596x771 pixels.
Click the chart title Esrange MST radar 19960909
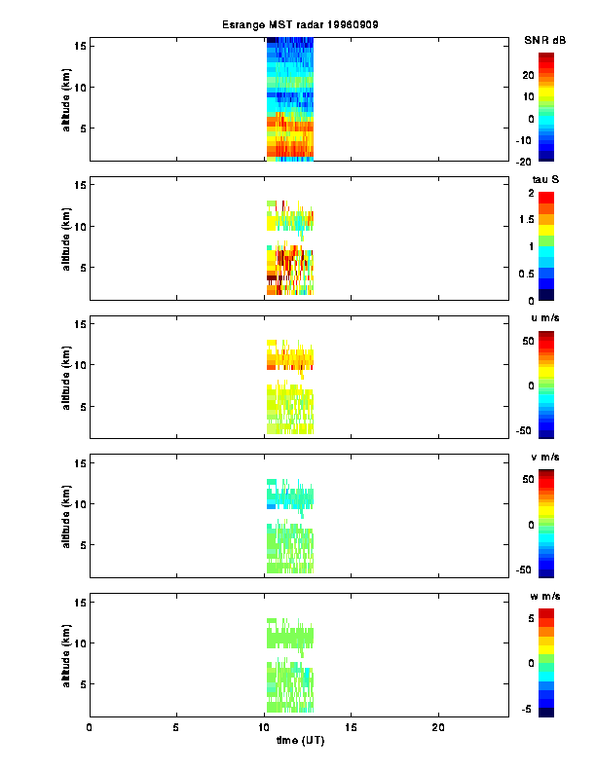click(298, 24)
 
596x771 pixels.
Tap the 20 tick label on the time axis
click(438, 727)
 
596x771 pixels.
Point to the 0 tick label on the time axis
click(90, 727)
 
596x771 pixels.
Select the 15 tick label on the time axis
click(352, 727)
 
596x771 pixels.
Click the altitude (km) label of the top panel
click(64, 101)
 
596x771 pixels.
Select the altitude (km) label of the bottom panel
click(64, 657)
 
